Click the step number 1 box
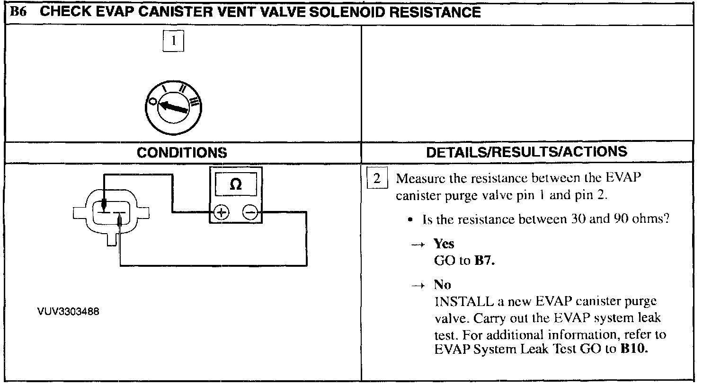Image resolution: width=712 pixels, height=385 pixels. [x=173, y=41]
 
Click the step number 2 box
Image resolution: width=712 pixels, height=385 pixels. [x=377, y=179]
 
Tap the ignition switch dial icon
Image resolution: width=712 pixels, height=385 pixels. [x=173, y=107]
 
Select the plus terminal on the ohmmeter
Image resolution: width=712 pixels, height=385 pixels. [x=221, y=212]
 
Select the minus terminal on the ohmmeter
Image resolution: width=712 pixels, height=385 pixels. [x=250, y=212]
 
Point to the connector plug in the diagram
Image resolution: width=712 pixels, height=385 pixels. [x=110, y=211]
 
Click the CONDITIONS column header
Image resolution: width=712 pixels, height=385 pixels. [x=182, y=153]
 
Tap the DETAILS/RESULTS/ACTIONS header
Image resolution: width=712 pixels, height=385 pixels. [x=526, y=152]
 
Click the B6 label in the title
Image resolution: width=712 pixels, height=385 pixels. [x=18, y=12]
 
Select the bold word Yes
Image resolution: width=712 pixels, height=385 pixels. [x=444, y=244]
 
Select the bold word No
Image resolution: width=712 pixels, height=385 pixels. [x=442, y=285]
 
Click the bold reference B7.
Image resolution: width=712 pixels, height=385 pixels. [x=484, y=260]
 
